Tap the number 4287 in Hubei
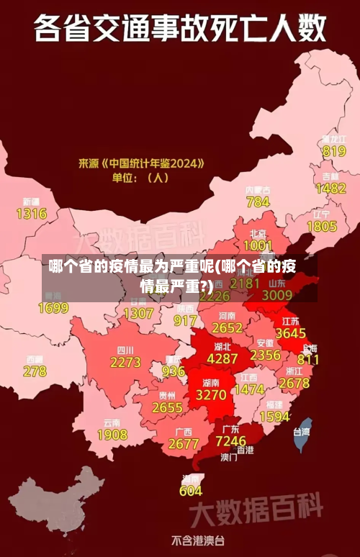click(222, 358)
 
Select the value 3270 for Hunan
click(211, 394)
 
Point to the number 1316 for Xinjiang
click(31, 214)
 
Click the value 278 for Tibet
click(34, 371)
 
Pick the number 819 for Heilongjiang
click(334, 151)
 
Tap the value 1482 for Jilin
click(330, 188)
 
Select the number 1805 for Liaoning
click(321, 226)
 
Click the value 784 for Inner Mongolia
click(258, 202)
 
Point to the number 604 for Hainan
click(190, 491)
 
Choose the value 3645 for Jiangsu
click(290, 333)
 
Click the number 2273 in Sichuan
click(125, 362)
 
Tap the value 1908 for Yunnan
click(112, 435)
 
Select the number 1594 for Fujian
click(274, 417)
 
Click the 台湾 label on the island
click(301, 433)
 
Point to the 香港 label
click(246, 450)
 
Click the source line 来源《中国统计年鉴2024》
click(142, 163)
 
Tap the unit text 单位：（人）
click(140, 177)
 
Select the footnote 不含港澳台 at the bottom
click(197, 540)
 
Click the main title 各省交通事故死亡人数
click(180, 28)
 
